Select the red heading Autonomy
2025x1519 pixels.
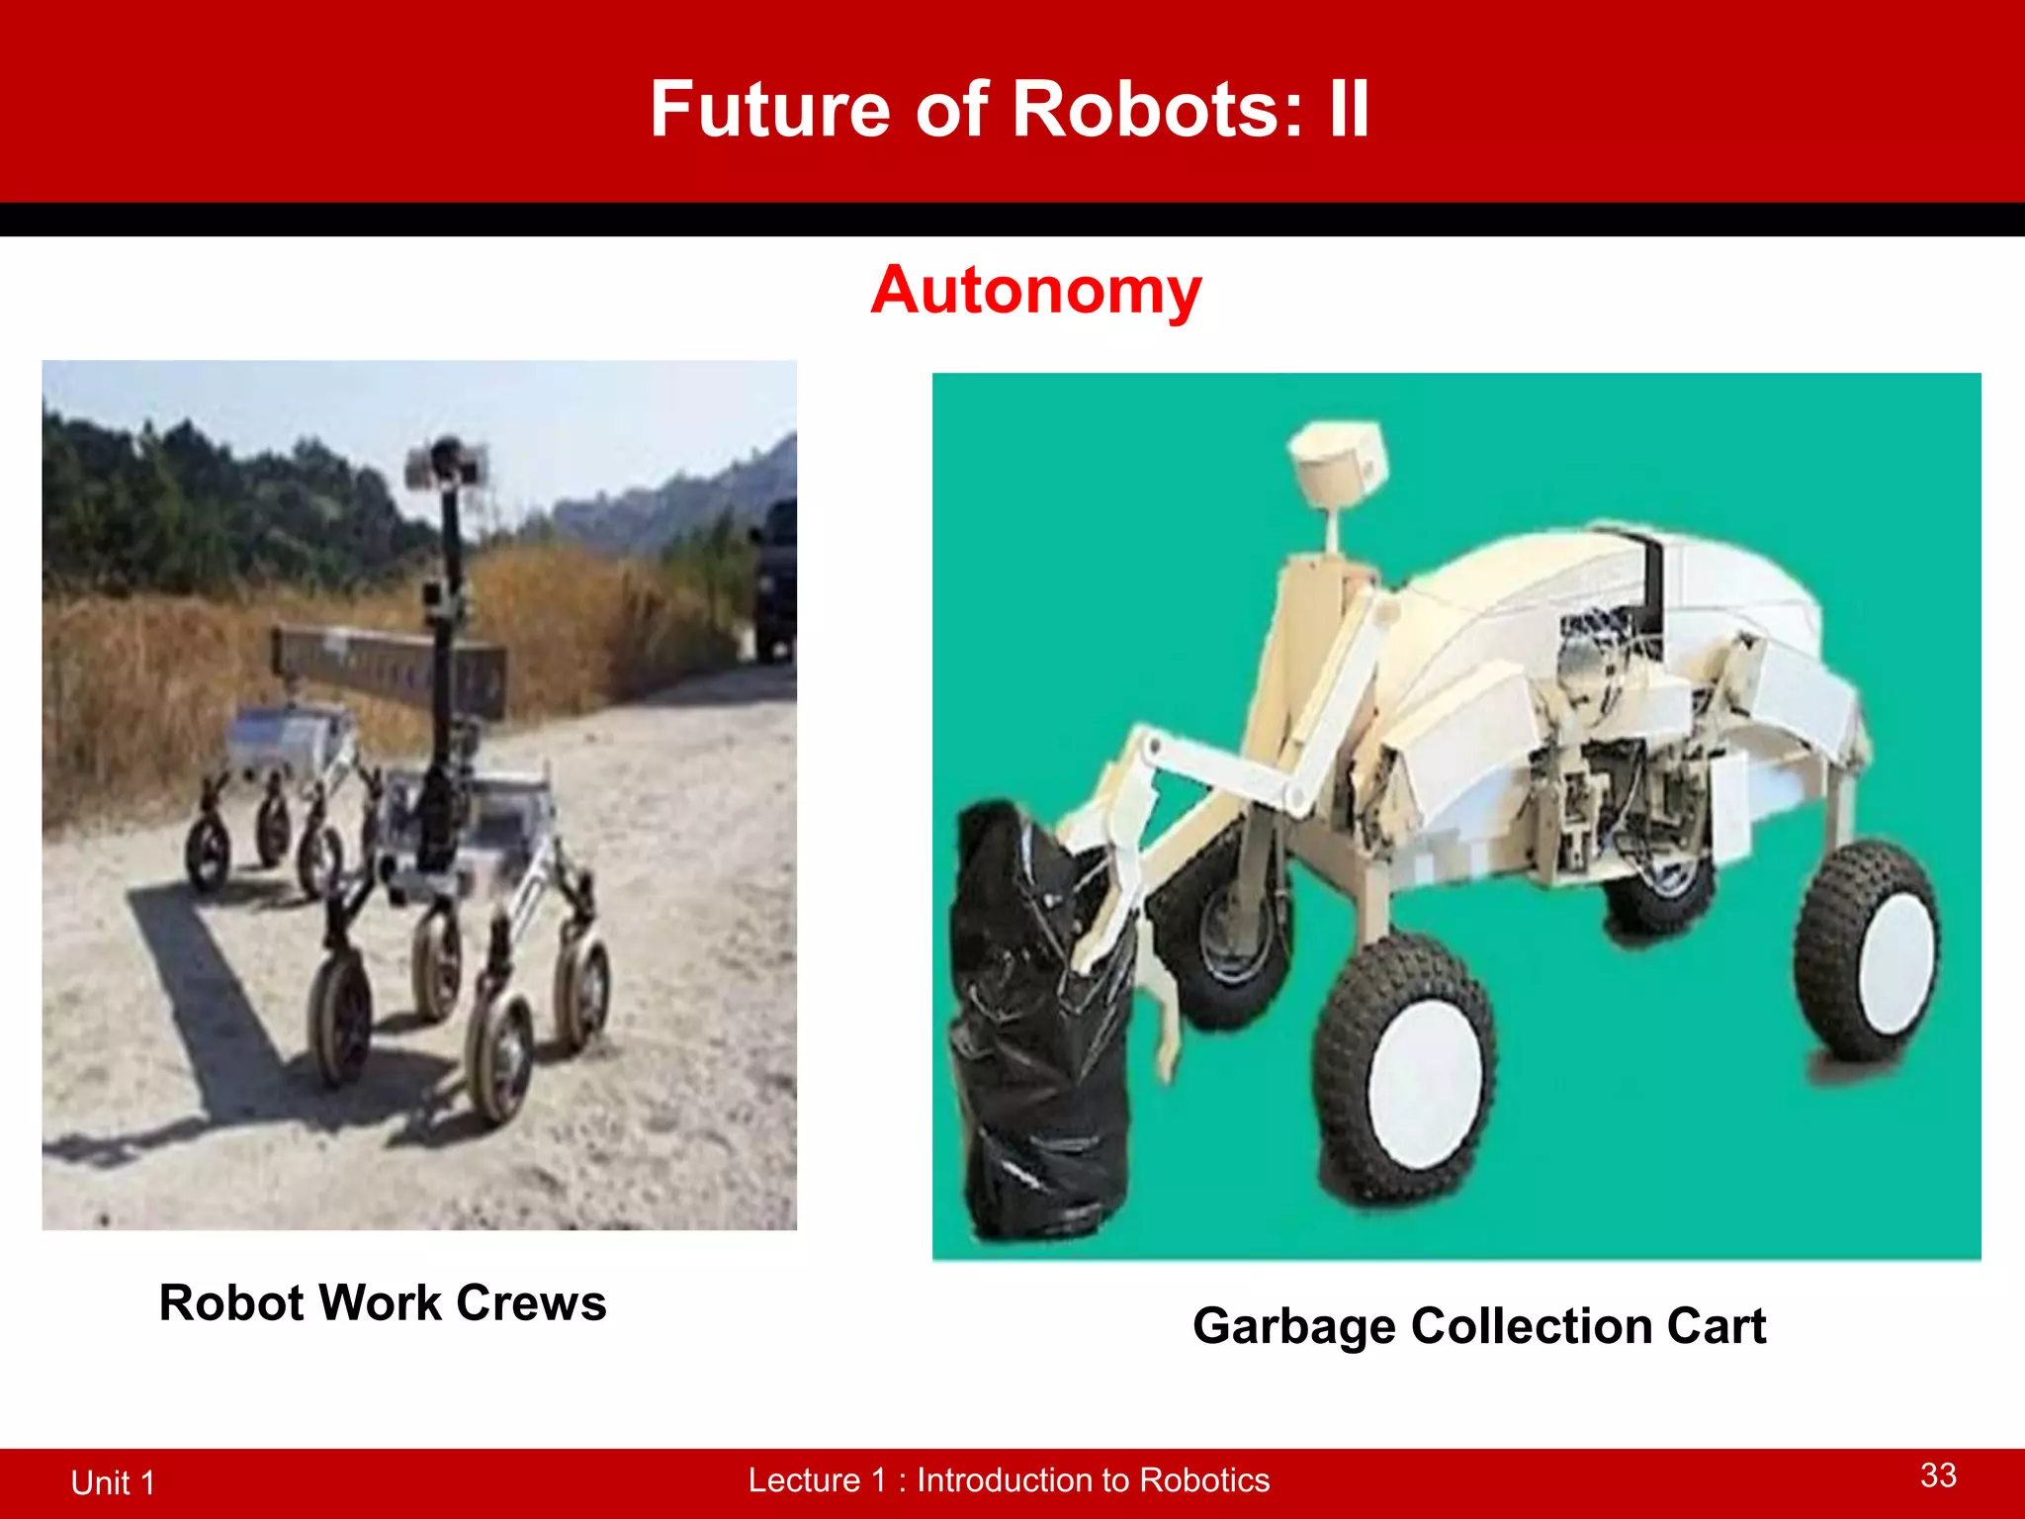tap(1035, 291)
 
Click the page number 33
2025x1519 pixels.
tap(1938, 1475)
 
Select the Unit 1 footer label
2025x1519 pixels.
tap(113, 1482)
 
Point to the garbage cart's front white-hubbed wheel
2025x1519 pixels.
tap(1404, 1073)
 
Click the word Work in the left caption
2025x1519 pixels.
tap(380, 1302)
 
